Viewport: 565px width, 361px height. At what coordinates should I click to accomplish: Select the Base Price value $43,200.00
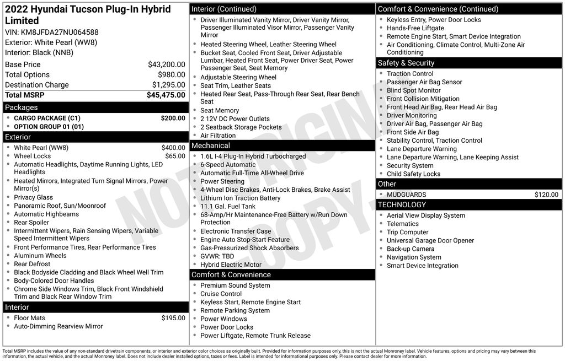pos(166,64)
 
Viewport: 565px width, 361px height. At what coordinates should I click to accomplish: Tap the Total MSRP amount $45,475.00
pos(166,95)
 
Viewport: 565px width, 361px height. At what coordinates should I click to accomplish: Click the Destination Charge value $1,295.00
pos(168,85)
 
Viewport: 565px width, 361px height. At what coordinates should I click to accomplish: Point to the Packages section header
pos(22,107)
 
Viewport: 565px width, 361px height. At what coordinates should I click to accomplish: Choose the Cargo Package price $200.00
pos(173,118)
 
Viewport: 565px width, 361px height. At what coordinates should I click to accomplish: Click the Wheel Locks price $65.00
pos(175,156)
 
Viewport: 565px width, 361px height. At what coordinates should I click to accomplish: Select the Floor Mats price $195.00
pos(173,318)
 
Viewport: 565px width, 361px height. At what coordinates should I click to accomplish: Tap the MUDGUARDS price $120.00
pos(546,195)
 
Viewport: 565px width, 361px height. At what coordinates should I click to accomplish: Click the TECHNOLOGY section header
pos(402,205)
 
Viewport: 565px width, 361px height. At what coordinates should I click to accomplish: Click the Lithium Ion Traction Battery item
pos(240,198)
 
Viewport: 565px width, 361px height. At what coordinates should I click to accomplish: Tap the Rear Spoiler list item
pos(31,223)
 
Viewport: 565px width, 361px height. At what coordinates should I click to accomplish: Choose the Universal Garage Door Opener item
pos(430,240)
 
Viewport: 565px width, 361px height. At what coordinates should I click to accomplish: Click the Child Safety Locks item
pos(413,174)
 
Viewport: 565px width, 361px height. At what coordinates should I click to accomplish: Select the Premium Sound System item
pos(235,285)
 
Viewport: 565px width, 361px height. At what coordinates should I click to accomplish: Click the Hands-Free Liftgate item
pos(415,28)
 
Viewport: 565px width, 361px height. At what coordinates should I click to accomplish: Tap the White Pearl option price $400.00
pos(173,148)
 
